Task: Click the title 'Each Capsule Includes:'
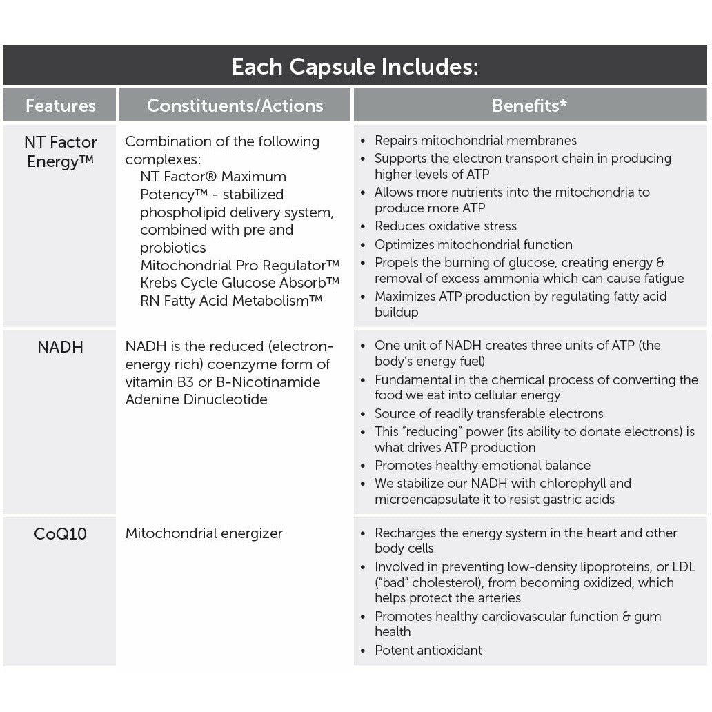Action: coord(355,67)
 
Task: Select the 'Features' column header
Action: coord(61,106)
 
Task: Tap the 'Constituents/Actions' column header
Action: coord(235,106)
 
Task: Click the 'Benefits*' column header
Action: coord(529,106)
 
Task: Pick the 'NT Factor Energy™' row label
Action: coord(61,152)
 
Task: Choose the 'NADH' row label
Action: coord(61,347)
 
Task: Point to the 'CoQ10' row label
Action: coord(61,534)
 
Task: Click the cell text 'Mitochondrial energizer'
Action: coord(204,533)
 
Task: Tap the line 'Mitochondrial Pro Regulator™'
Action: coord(240,266)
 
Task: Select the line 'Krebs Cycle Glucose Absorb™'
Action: coord(240,284)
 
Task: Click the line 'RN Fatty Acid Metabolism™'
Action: coord(232,301)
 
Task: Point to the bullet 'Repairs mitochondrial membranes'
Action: coord(475,141)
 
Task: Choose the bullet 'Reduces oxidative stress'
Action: coord(446,226)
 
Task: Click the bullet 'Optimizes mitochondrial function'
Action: coord(473,244)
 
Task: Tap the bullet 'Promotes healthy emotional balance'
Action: coord(482,465)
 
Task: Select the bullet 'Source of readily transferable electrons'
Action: coord(488,414)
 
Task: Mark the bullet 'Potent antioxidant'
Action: coord(428,650)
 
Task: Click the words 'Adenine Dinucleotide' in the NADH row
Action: coord(196,399)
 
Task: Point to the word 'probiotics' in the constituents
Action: coord(173,248)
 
